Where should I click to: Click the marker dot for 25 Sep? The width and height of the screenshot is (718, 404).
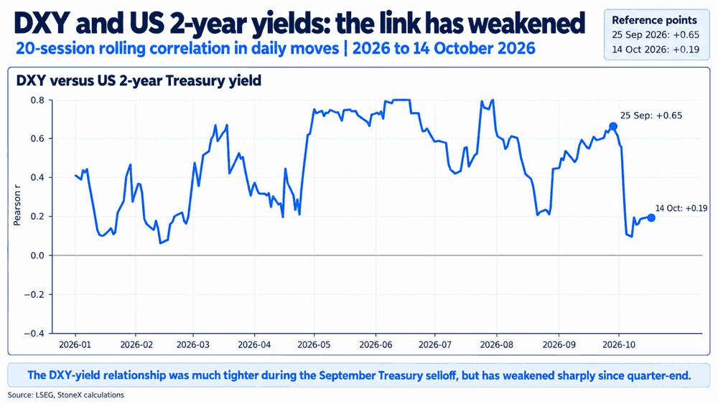click(x=612, y=126)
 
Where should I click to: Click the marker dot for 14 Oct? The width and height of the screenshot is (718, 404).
click(x=651, y=217)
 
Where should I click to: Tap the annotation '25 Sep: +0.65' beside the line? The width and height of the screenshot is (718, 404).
click(x=651, y=116)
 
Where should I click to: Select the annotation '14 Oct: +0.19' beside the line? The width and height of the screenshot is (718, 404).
click(x=681, y=208)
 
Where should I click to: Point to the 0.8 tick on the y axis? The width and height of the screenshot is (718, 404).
click(x=37, y=100)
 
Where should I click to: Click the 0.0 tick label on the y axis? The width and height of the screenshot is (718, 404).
click(x=37, y=255)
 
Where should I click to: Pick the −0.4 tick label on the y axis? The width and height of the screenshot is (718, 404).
click(x=34, y=334)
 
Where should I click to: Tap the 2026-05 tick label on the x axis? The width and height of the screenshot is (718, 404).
click(x=314, y=344)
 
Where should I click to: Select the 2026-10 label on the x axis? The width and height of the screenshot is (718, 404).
click(x=619, y=344)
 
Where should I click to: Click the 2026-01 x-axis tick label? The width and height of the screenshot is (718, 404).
click(x=75, y=344)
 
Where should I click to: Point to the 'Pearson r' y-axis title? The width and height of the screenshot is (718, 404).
click(x=17, y=208)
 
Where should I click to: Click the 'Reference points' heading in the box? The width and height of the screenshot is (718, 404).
click(x=654, y=20)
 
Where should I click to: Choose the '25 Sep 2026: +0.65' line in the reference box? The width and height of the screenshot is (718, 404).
click(x=656, y=34)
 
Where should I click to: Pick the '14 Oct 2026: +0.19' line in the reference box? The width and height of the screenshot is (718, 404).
click(x=656, y=50)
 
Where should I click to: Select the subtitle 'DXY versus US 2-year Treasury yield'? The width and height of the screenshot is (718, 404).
click(x=139, y=80)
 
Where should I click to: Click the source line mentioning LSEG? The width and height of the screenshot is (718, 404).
click(x=65, y=395)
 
